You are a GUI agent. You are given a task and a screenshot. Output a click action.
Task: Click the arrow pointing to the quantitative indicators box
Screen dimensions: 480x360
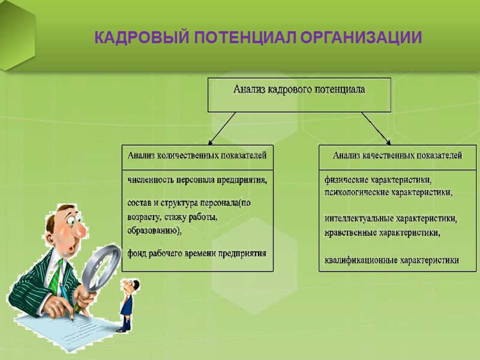coord(222,128)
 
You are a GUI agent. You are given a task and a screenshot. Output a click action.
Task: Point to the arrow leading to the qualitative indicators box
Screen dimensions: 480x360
coord(376,128)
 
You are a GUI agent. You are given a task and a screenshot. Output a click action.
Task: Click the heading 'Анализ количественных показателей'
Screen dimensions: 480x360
coord(197,155)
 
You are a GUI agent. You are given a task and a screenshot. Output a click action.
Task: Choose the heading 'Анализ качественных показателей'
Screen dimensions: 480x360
coord(397,155)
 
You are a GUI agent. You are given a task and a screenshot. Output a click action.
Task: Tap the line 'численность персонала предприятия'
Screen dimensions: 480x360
coord(197,179)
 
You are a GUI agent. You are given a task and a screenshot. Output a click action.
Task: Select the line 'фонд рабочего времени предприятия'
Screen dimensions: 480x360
coord(196,253)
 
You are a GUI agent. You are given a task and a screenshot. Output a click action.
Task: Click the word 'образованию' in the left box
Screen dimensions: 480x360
coord(153,230)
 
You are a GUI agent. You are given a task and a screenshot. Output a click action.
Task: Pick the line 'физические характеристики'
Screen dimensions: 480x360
coord(378,179)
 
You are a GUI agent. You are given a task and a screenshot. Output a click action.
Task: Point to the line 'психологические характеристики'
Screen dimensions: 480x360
coord(388,193)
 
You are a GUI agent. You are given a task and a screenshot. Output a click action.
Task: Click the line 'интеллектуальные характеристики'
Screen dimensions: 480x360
coord(391,219)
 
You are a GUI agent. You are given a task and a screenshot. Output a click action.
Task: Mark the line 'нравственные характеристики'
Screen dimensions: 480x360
coord(382,232)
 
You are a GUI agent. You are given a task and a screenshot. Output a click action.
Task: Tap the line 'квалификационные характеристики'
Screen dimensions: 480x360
coord(391,260)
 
